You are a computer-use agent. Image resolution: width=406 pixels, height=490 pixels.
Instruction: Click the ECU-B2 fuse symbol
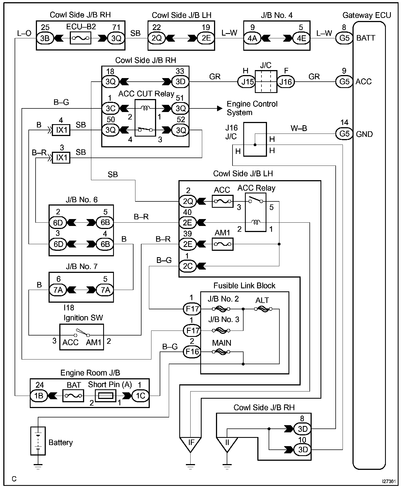81,38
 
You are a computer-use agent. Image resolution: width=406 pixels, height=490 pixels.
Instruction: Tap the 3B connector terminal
45,38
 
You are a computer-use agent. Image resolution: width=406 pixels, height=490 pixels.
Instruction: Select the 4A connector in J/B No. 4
252,38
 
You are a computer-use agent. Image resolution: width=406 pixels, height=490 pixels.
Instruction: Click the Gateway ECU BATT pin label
366,38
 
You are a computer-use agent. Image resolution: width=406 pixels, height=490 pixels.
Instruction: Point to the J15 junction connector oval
247,82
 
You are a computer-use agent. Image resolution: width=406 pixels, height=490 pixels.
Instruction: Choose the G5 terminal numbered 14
344,134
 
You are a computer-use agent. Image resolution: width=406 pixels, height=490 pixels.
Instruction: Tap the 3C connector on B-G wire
110,108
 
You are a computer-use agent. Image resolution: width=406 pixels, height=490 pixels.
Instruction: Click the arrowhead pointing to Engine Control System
220,108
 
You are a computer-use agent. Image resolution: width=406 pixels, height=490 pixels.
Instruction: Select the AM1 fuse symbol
223,244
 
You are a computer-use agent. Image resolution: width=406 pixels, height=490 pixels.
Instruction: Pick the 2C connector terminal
188,266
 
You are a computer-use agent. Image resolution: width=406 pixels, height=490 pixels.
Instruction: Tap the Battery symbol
38,441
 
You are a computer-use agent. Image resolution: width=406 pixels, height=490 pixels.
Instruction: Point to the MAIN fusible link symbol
221,352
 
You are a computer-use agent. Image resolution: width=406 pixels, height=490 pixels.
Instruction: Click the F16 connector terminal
192,352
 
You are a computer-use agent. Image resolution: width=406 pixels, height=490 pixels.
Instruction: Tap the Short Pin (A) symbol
105,396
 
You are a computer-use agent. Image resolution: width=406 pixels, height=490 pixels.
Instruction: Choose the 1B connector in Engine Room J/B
39,396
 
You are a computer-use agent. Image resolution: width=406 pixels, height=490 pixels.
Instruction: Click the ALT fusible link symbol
263,309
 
